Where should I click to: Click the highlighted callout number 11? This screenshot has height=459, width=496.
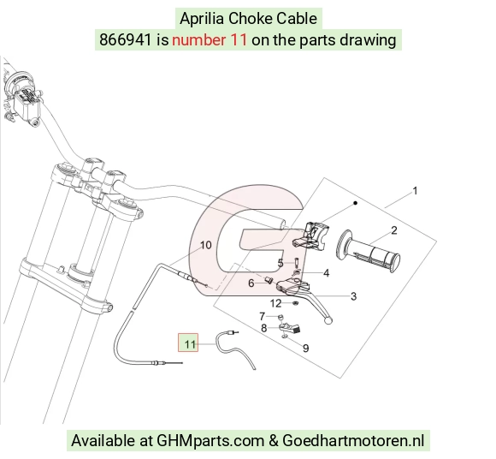(190, 344)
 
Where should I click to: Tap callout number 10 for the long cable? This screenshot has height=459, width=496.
(205, 245)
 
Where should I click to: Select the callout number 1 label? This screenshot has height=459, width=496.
(416, 191)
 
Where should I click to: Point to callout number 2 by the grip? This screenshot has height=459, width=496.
(394, 230)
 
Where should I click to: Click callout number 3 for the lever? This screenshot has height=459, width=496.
(354, 296)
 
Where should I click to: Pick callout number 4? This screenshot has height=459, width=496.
(327, 272)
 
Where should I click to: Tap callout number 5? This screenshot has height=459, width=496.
(280, 263)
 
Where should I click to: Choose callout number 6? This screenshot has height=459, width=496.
(251, 283)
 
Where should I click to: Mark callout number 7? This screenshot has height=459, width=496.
(262, 316)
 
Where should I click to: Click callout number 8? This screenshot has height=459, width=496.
(263, 328)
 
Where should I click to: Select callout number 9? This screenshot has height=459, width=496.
(305, 349)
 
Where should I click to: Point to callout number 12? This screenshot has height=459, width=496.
(276, 303)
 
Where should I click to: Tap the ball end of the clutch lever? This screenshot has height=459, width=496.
(328, 320)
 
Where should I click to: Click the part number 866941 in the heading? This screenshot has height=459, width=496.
(126, 40)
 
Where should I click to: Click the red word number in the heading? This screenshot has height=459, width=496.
(198, 40)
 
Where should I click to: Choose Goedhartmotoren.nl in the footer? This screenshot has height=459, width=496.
(353, 441)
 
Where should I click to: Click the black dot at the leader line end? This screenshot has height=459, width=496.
(355, 203)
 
